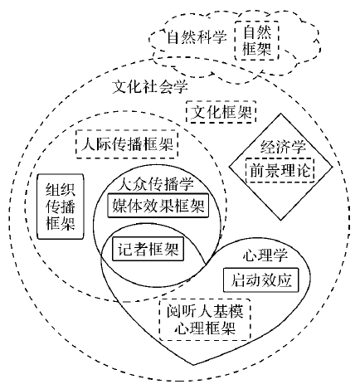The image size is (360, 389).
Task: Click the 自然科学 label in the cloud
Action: [x=197, y=37]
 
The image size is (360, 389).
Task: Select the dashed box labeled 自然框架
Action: [x=256, y=41]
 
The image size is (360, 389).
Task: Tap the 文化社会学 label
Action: [x=150, y=87]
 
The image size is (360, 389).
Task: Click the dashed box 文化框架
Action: [x=221, y=112]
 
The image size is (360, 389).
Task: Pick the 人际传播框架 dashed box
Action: [x=127, y=143]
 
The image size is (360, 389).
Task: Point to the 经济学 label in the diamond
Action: [x=283, y=147]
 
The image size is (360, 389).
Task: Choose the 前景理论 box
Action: [x=280, y=170]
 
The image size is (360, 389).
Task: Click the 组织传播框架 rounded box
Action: [x=61, y=207]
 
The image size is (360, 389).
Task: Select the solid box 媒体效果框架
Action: [x=158, y=206]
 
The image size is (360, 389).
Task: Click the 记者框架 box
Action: [x=148, y=249]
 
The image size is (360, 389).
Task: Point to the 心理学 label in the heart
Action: [x=265, y=255]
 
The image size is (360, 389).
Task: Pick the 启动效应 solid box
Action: [x=261, y=280]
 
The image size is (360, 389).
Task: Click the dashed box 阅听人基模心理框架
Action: [x=205, y=319]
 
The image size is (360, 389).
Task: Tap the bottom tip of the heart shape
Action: [x=194, y=365]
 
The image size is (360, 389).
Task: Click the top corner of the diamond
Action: [x=281, y=114]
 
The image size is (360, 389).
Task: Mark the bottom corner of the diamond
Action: [x=281, y=220]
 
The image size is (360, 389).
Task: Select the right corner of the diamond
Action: [x=333, y=167]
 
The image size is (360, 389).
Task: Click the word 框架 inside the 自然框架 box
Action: [x=256, y=49]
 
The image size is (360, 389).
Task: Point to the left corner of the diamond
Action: [x=229, y=167]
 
